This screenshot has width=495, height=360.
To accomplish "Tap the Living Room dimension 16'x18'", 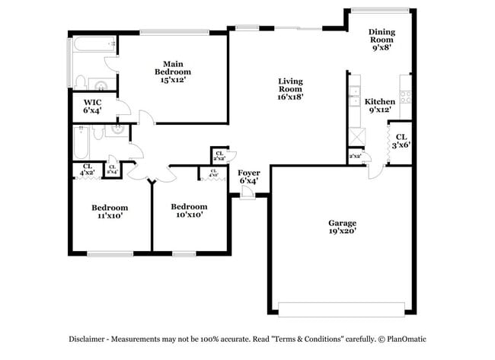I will pyautogui.click(x=290, y=96).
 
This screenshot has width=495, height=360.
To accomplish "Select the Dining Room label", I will pyautogui.click(x=382, y=35).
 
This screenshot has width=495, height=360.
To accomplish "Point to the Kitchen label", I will pyautogui.click(x=379, y=101).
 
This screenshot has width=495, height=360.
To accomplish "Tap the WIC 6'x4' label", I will pyautogui.click(x=92, y=106).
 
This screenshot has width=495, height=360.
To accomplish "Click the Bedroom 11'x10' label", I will pyautogui.click(x=110, y=211).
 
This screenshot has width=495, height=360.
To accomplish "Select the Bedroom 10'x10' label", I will pyautogui.click(x=188, y=210).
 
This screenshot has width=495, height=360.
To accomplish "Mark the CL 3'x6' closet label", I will pyautogui.click(x=401, y=140).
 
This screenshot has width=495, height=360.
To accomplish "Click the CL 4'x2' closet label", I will pyautogui.click(x=87, y=170).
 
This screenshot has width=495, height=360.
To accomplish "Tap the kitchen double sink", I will pyautogui.click(x=354, y=95).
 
